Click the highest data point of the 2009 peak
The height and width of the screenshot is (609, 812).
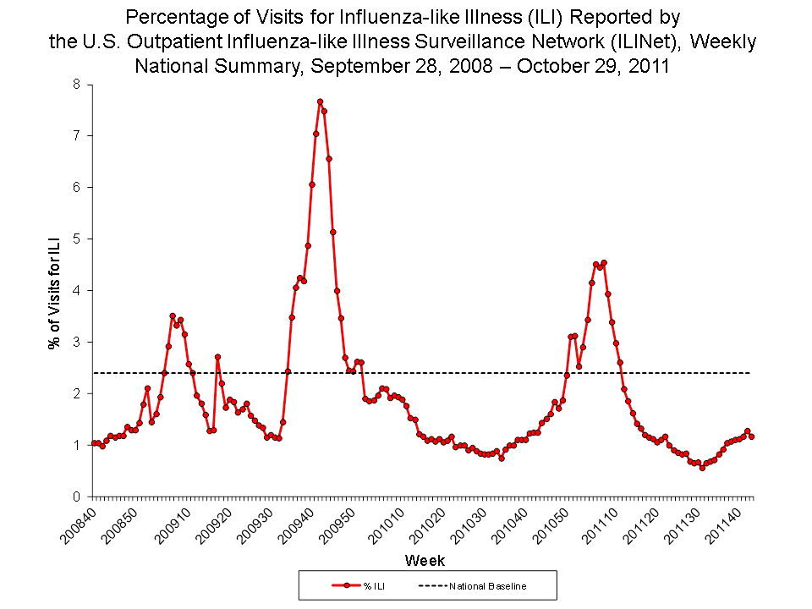[x=320, y=101]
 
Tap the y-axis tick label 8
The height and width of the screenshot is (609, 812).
[x=77, y=84]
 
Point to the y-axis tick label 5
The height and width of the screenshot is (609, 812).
[x=77, y=239]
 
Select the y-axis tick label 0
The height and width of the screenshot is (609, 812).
[x=77, y=497]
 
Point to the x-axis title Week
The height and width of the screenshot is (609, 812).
[x=425, y=561]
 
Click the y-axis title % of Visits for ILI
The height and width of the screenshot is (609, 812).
[x=54, y=292]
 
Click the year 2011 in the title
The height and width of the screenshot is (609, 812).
[x=650, y=68]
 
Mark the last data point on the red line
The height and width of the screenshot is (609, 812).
[x=752, y=436]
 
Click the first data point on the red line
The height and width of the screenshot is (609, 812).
[x=93, y=443]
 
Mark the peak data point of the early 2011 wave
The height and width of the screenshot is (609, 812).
[x=604, y=262]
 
